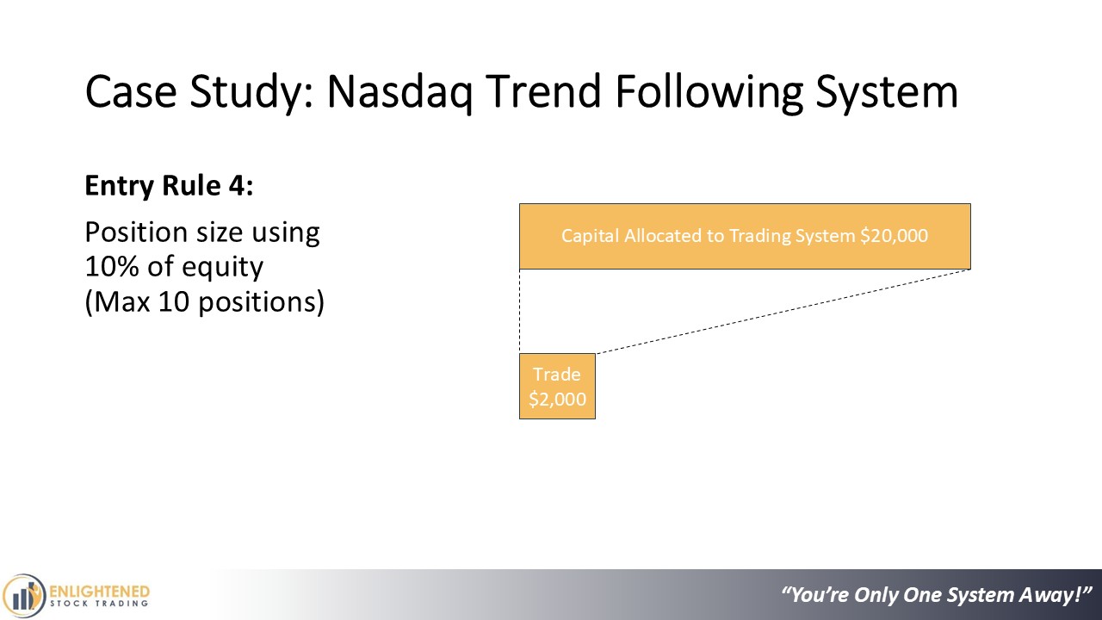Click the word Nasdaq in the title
[399, 91]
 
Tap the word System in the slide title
[887, 92]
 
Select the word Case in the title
[131, 91]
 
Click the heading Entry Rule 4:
[170, 185]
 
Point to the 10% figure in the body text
[112, 266]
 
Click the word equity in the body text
[222, 269]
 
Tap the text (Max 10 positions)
[205, 301]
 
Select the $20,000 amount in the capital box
[894, 236]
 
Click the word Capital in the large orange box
[590, 237]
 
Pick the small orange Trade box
[557, 387]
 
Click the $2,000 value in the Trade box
[557, 399]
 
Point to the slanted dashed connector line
[783, 312]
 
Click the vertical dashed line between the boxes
[520, 312]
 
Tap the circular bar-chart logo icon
[23, 596]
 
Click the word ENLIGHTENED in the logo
[99, 592]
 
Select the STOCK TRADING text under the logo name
[99, 604]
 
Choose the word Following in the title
[709, 92]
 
